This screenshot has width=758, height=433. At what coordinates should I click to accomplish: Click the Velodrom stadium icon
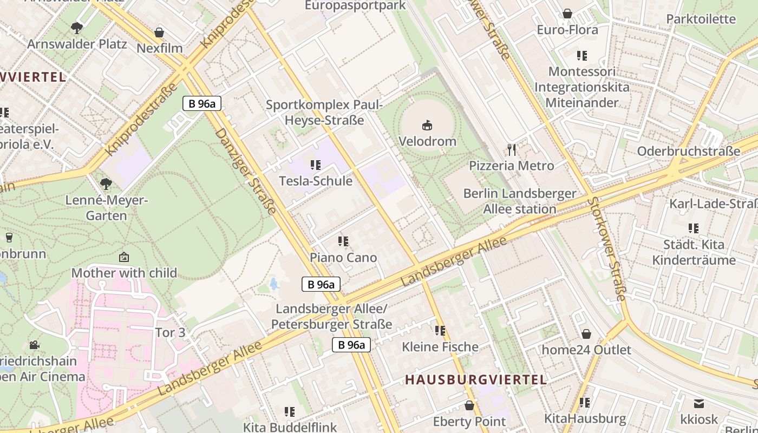(x=427, y=126)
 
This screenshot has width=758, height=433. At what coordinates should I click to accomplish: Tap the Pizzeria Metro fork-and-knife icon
(x=512, y=149)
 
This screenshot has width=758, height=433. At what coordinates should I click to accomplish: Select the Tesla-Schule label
(x=315, y=181)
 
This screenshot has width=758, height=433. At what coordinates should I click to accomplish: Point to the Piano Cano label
(x=343, y=258)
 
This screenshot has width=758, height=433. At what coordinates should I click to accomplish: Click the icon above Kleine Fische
(x=440, y=330)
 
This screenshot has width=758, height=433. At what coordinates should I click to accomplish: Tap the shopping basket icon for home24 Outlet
(x=586, y=333)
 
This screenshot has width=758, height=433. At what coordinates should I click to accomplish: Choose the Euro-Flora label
(x=567, y=30)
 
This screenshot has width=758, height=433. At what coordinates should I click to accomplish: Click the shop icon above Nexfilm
(x=159, y=32)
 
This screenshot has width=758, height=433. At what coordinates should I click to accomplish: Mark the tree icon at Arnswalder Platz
(x=77, y=27)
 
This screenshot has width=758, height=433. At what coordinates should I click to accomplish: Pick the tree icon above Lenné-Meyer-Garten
(x=106, y=184)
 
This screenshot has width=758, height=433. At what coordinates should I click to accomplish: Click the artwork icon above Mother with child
(x=124, y=257)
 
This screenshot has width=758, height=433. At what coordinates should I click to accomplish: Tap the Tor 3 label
(x=170, y=332)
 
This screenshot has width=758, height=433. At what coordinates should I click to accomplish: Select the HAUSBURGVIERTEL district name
(x=476, y=379)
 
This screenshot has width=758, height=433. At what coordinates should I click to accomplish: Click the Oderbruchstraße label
(x=688, y=151)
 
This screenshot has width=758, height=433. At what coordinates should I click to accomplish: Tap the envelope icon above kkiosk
(x=699, y=403)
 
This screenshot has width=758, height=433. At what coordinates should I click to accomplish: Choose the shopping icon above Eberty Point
(x=469, y=405)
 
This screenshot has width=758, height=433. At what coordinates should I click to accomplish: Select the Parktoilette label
(x=701, y=19)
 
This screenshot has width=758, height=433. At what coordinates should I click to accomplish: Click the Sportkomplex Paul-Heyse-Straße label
(x=324, y=112)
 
